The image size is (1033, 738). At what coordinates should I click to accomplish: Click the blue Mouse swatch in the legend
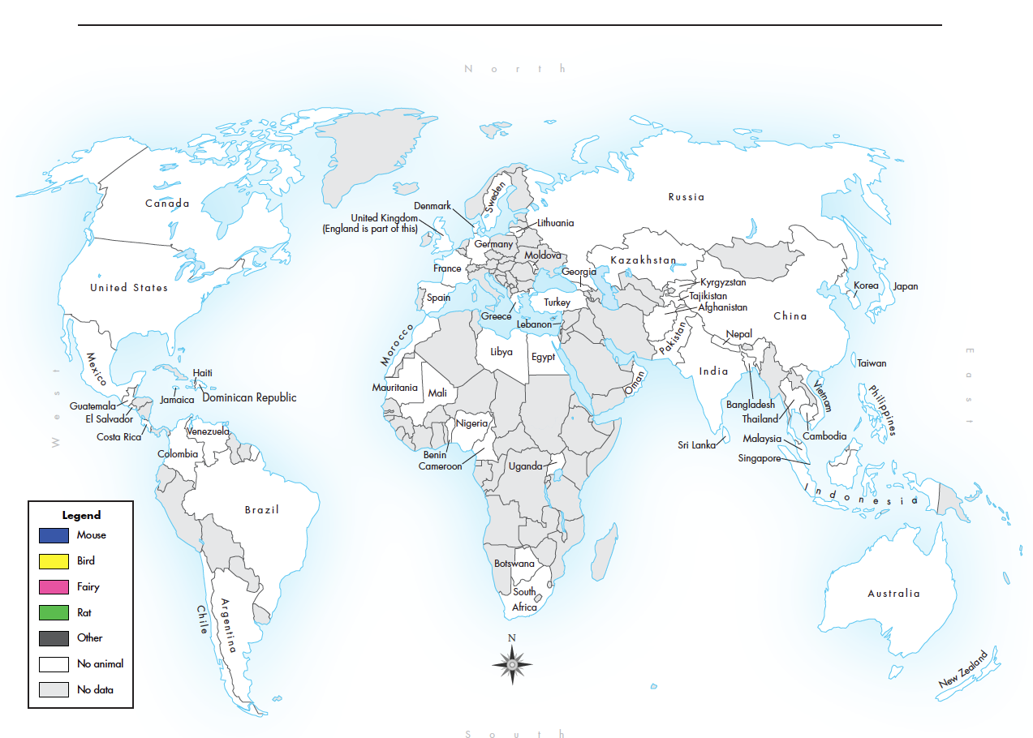[x=54, y=535]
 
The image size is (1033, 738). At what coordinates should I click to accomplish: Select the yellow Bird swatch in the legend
[x=54, y=561]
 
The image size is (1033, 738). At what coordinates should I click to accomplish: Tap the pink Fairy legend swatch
[x=54, y=587]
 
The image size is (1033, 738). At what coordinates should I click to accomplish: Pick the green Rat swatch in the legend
[x=54, y=613]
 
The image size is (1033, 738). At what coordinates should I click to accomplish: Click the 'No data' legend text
[x=95, y=690]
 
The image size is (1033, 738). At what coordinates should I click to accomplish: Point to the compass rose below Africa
[x=512, y=664]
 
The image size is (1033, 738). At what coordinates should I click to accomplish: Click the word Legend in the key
[x=81, y=515]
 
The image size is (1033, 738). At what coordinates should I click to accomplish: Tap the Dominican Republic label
[x=249, y=397]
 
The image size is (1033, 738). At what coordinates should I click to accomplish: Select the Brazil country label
[x=262, y=510]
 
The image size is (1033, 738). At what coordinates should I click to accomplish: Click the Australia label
[x=893, y=594]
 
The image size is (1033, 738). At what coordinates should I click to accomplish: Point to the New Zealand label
[x=963, y=670]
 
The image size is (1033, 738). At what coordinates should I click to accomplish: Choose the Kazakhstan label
[x=643, y=260]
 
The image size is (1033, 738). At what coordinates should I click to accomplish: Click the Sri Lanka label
[x=696, y=445]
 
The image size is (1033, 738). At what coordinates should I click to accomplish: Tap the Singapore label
[x=759, y=459]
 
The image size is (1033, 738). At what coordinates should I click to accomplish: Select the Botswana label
[x=514, y=564]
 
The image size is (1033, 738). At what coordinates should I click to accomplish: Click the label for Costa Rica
[x=118, y=437]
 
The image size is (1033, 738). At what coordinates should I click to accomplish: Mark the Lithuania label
[x=555, y=223]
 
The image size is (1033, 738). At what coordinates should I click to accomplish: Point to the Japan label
[x=906, y=286]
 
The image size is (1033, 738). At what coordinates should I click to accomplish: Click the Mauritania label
[x=394, y=388]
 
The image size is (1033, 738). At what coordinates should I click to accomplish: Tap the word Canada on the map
[x=167, y=204]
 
